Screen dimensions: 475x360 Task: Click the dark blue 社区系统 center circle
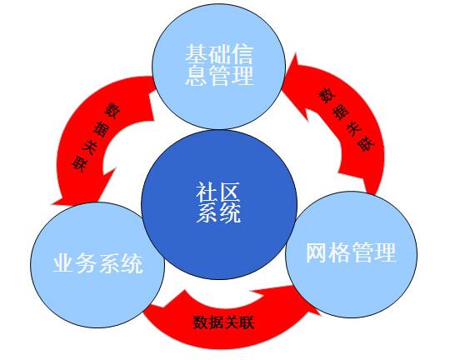pos(219,204)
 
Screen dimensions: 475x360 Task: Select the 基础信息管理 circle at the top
pos(218,67)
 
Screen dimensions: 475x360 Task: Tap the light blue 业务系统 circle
pos(97,265)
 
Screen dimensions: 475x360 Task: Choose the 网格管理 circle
pos(351,254)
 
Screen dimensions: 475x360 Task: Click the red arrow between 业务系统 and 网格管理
pos(230,329)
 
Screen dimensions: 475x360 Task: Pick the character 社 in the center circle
pos(207,192)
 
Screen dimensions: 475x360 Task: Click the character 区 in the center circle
pos(230,192)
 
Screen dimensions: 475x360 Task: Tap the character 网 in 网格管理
pos(317,252)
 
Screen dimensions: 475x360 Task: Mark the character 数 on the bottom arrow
pos(201,322)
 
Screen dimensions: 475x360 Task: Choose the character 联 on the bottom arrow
pos(246,322)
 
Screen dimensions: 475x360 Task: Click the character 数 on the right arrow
pos(327,96)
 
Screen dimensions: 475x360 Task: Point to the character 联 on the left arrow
pos(80,164)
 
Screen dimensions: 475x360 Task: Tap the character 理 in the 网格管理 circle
pos(385,252)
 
